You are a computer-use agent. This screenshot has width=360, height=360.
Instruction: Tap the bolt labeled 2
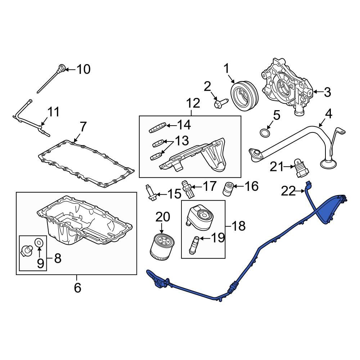click(220, 104)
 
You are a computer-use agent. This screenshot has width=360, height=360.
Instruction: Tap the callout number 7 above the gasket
click(83, 127)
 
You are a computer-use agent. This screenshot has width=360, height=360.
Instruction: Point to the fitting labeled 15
click(150, 192)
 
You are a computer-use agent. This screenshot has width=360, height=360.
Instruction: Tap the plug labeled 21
click(300, 168)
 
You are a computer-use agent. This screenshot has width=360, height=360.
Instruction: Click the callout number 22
click(288, 192)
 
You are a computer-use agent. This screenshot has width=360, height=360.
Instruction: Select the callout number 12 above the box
click(193, 103)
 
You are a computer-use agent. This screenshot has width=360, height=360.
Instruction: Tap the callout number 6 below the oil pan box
click(77, 288)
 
